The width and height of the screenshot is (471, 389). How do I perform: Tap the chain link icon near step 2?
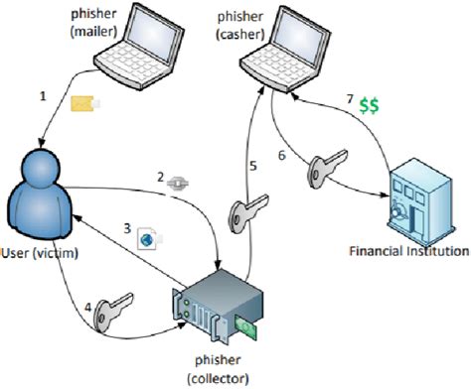click(x=179, y=182)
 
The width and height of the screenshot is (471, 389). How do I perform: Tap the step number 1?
click(x=43, y=96)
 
